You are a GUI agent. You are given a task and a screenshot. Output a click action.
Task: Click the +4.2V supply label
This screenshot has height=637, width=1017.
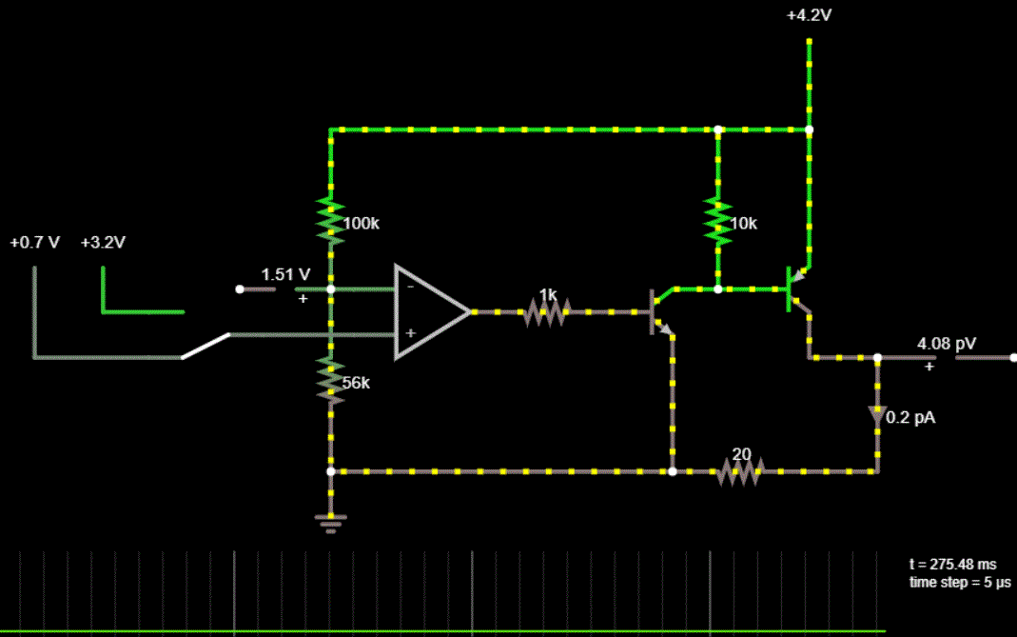810,16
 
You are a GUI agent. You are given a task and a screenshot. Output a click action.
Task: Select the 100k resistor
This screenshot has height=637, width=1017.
331,223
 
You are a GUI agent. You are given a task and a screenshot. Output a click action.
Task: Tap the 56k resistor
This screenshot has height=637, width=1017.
331,382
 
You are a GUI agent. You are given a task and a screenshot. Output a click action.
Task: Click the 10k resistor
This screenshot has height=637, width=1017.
718,222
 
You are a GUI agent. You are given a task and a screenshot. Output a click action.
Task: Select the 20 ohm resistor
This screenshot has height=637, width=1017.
740,470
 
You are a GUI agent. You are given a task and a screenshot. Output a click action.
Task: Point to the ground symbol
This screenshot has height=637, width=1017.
331,521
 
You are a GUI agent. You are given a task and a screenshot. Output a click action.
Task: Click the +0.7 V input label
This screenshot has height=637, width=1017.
35,243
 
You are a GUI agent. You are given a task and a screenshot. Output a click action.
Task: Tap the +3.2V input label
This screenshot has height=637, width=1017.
103,243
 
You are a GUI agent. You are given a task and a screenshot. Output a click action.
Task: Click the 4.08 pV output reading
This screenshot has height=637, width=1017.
946,343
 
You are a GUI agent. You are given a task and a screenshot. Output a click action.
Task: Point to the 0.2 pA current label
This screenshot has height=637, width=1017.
910,417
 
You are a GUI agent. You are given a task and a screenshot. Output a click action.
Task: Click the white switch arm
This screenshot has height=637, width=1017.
205,346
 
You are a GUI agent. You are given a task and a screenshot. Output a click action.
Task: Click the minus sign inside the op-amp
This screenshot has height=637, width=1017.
409,286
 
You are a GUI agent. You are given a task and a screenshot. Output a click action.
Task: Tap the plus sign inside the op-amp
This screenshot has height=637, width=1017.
409,334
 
